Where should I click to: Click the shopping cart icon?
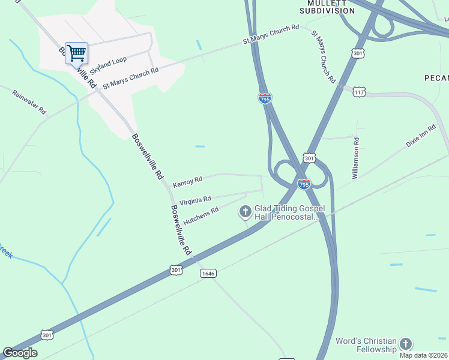76,53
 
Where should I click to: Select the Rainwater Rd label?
29,102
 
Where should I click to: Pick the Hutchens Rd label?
200,216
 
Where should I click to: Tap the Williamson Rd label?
356,158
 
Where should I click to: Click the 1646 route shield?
208,273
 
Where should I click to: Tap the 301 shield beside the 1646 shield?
176,271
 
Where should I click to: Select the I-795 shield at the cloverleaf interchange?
304,184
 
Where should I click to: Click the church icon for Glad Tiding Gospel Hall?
245,211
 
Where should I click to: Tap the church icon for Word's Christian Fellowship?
406,344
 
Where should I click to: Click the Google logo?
20,353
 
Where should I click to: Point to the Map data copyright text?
424,355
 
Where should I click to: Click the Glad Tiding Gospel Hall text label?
289,212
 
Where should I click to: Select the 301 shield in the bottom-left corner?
47,334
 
